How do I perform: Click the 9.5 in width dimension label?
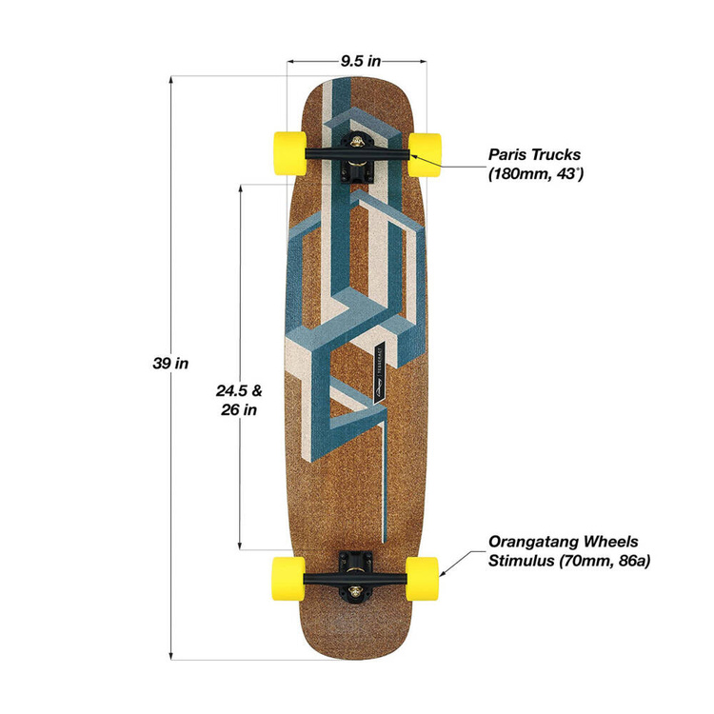(x=360, y=60)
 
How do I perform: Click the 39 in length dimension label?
(x=170, y=363)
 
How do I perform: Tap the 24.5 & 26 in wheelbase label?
(x=237, y=400)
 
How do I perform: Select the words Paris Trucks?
(x=533, y=153)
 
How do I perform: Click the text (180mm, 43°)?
(x=535, y=174)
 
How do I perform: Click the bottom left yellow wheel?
(x=289, y=576)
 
